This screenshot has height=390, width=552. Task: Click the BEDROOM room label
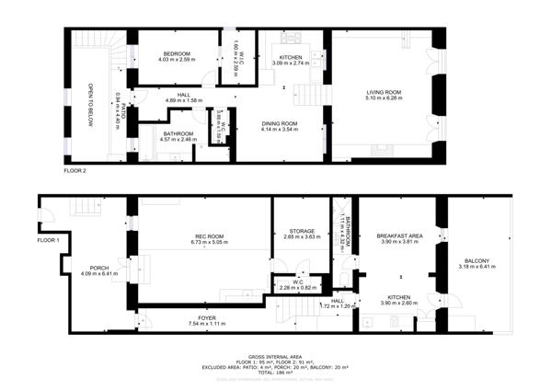tap(176, 54)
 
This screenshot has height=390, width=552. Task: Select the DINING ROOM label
tap(280, 122)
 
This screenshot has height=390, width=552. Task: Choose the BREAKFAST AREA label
tap(399, 236)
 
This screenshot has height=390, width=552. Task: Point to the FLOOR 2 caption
tap(75, 171)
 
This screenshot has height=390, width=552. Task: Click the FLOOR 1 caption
tap(48, 240)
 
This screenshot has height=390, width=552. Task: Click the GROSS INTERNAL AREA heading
tap(276, 356)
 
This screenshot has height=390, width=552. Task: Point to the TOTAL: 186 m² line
tap(276, 373)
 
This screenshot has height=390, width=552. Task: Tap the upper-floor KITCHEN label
tap(291, 58)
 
